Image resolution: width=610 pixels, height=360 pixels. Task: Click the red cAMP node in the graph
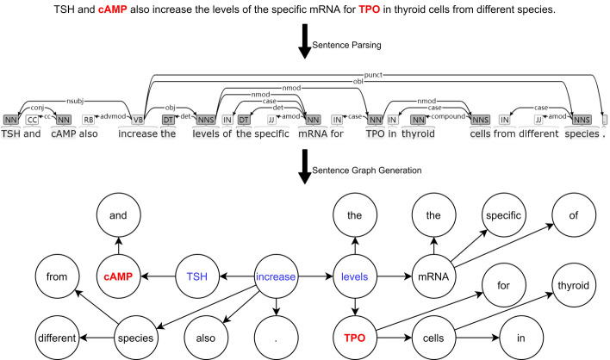[121, 277]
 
